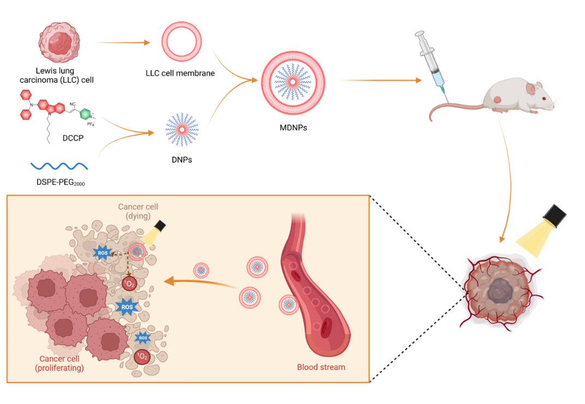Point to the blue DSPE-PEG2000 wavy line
point(59,164)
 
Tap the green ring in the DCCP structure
point(86,114)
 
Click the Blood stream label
point(321,366)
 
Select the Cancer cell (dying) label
point(138,211)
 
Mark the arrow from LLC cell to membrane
point(123,42)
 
